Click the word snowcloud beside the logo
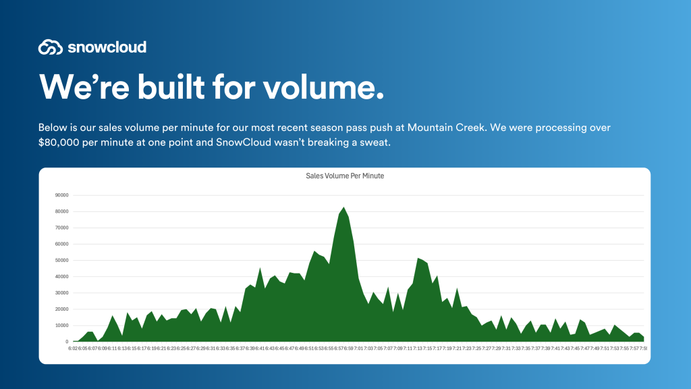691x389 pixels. click(x=107, y=47)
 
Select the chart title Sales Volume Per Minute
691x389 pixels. click(x=345, y=176)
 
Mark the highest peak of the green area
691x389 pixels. click(x=343, y=207)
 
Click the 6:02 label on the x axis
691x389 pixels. click(x=74, y=349)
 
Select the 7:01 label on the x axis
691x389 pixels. click(x=359, y=349)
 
